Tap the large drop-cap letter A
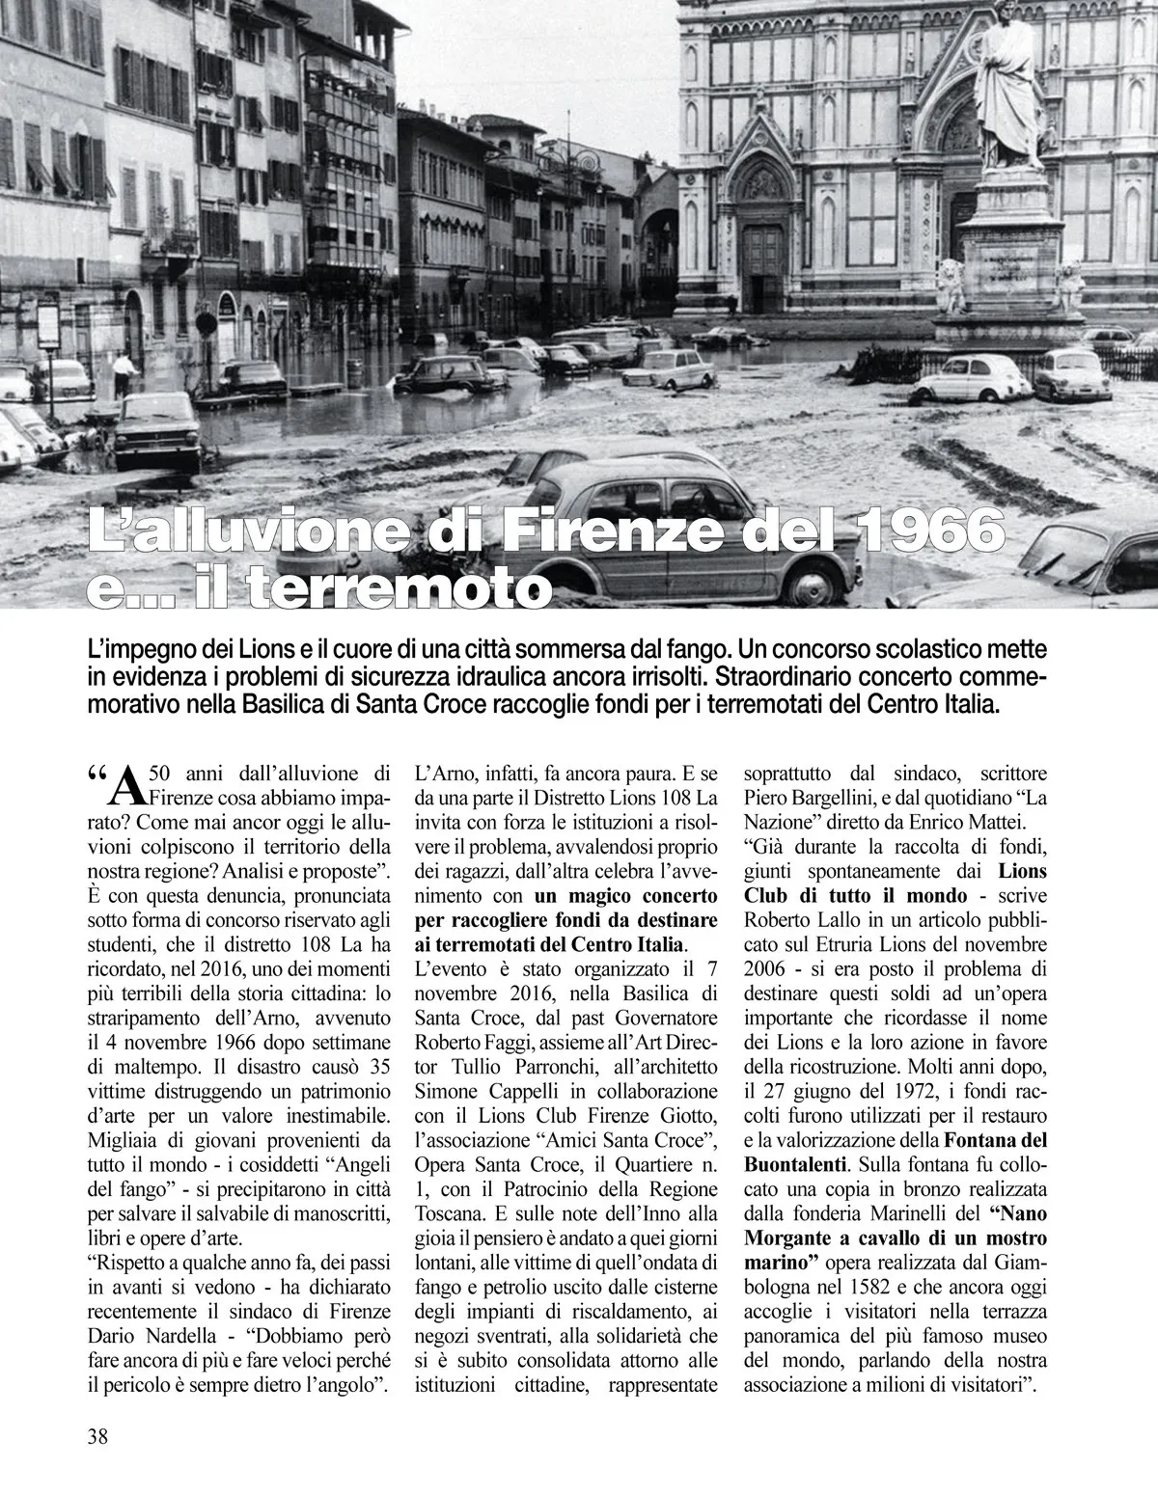pyautogui.click(x=126, y=787)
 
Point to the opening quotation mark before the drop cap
pyautogui.click(x=96, y=775)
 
